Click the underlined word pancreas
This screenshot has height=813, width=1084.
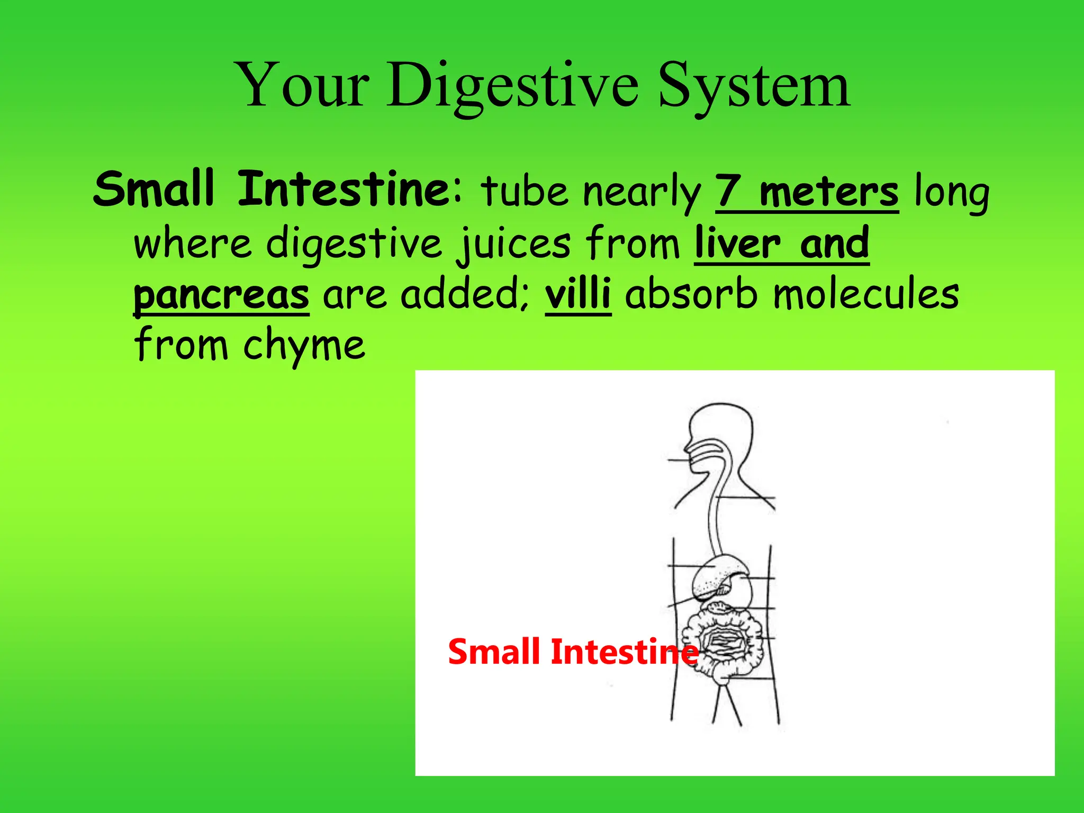[x=221, y=295]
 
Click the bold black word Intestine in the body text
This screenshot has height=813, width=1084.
[x=344, y=189]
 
